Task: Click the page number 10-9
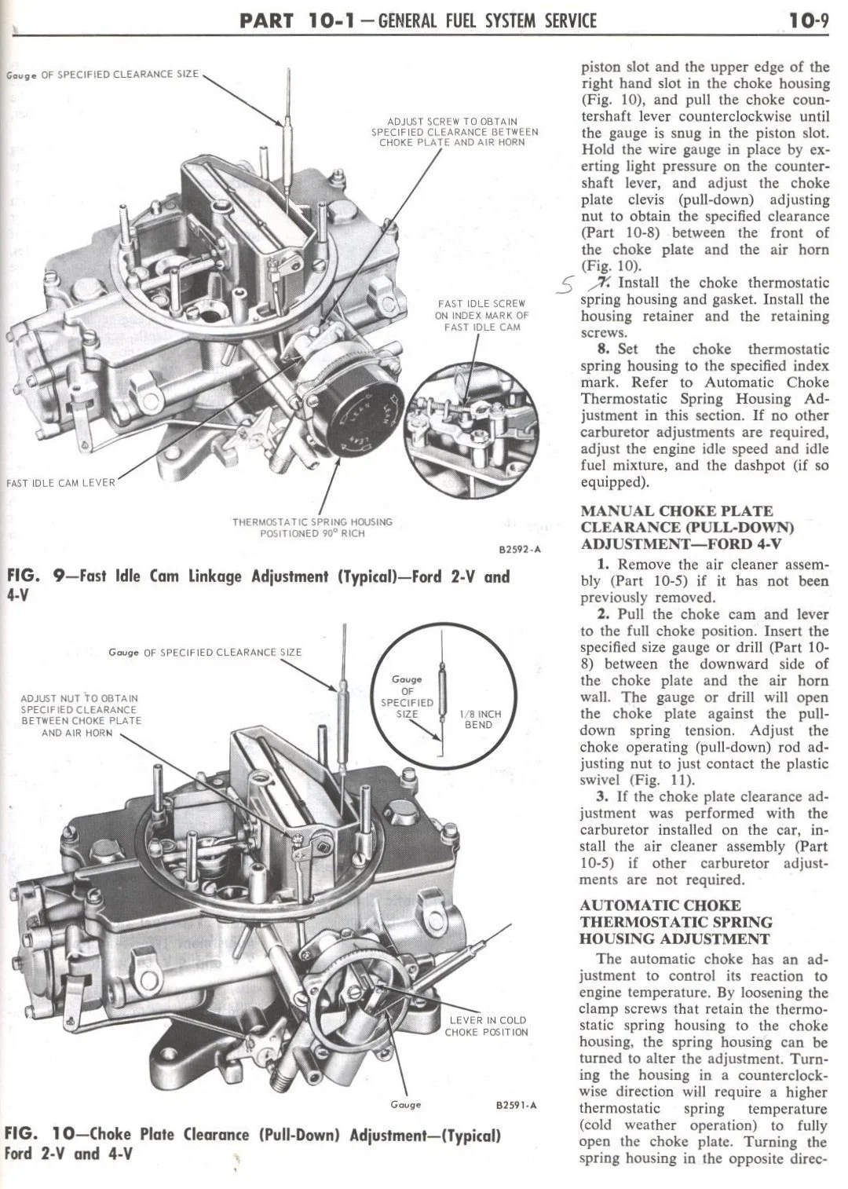click(809, 20)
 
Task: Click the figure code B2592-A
click(519, 550)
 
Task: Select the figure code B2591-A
click(516, 1105)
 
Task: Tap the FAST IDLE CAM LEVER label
click(60, 482)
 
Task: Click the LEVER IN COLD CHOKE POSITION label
click(487, 1026)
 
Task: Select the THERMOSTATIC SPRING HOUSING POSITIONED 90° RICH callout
click(312, 527)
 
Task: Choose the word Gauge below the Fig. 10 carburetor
click(405, 1104)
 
